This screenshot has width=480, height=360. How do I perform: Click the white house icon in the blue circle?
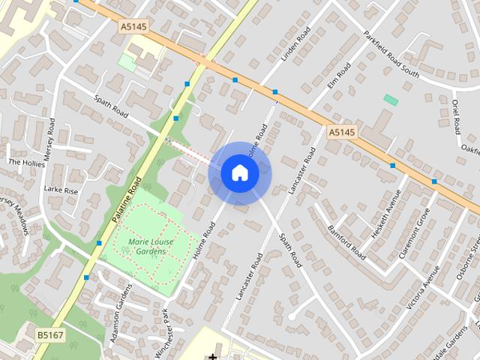pyautogui.click(x=240, y=173)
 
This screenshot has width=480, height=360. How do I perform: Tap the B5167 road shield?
pyautogui.click(x=49, y=334)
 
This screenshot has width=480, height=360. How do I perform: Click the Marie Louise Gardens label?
pyautogui.click(x=147, y=247)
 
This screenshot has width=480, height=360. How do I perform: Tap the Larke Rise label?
pyautogui.click(x=61, y=190)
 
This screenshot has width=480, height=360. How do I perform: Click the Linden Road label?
pyautogui.click(x=295, y=45)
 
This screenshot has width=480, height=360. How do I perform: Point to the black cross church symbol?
pyautogui.click(x=213, y=355)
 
